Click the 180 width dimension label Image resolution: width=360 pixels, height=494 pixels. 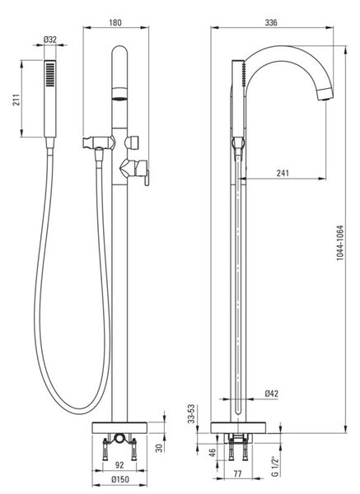click(115, 23)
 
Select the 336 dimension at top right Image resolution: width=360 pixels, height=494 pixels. click(271, 23)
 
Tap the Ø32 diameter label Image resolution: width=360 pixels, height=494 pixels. click(50, 40)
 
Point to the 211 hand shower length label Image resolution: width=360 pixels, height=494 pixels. click(16, 100)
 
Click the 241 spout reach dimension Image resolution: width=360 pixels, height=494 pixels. click(283, 173)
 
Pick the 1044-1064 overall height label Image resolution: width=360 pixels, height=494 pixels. click(340, 243)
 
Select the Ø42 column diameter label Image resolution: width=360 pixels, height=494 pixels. click(271, 394)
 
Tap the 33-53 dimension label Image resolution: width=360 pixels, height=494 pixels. click(191, 414)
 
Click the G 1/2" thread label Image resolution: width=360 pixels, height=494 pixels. click(275, 466)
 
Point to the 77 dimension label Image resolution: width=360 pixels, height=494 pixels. click(238, 474)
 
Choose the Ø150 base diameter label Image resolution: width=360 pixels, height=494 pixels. click(120, 479)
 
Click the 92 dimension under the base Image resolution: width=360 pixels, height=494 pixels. click(119, 465)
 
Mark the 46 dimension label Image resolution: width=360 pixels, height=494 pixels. click(213, 453)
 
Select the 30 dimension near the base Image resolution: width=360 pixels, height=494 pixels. click(160, 448)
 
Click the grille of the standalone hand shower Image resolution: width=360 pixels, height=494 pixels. click(50, 74)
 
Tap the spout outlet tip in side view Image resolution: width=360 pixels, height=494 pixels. click(325, 94)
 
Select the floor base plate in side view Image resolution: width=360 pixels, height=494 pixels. click(238, 428)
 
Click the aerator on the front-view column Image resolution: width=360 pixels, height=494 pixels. click(119, 94)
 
